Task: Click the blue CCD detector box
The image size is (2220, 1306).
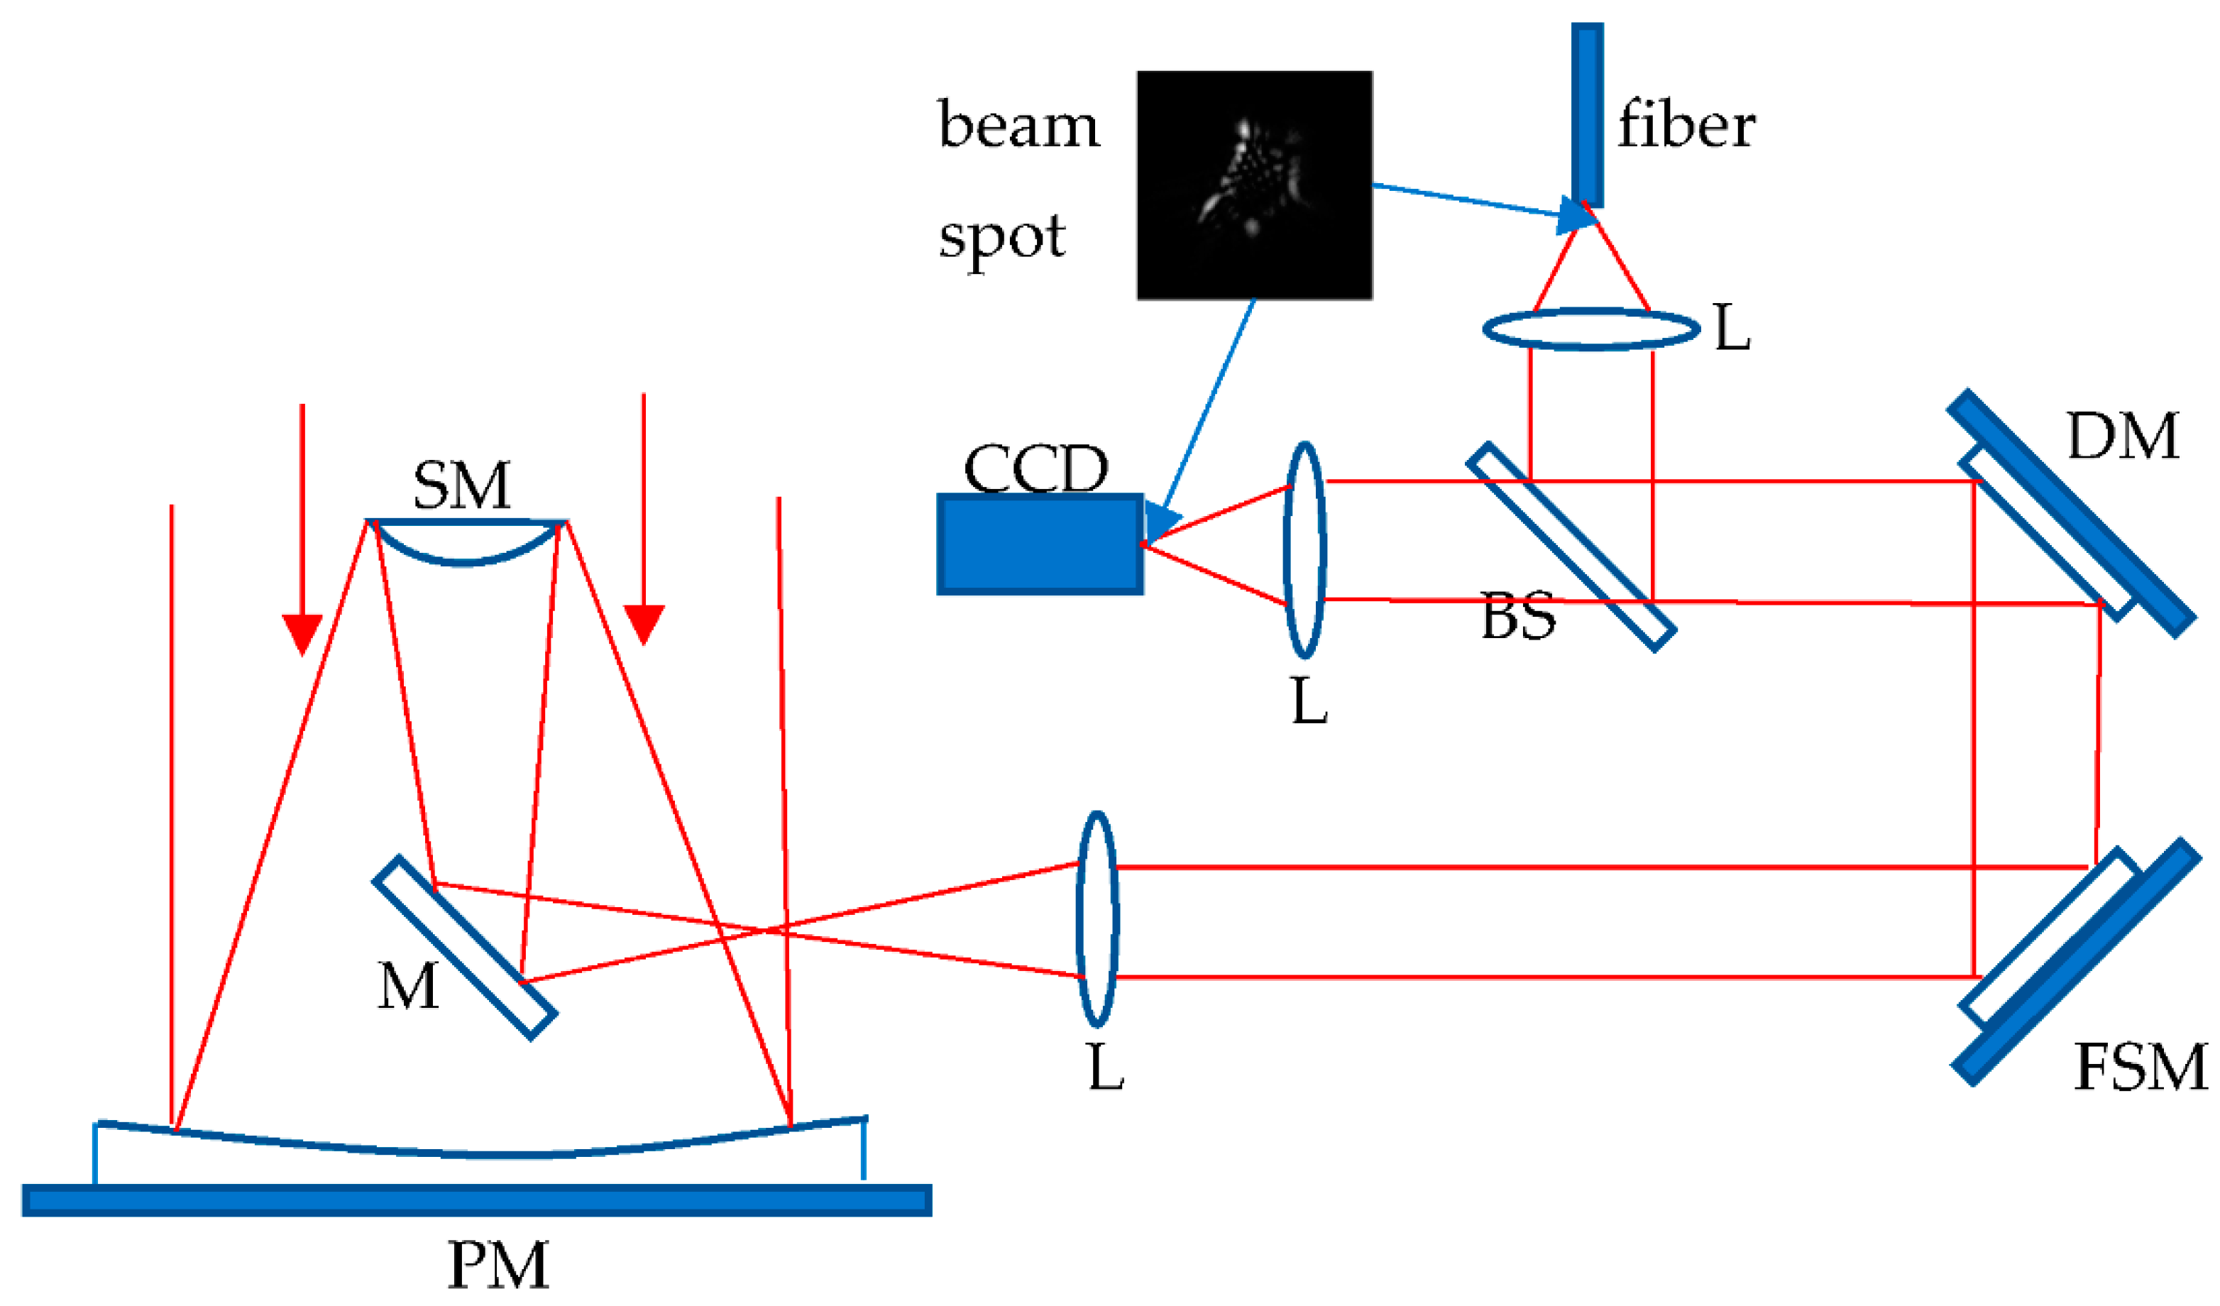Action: coord(1040,544)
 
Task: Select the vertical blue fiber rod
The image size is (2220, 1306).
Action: coord(1587,114)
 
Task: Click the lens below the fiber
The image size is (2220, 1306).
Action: coord(1591,329)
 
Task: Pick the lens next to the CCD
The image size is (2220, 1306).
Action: coord(1304,550)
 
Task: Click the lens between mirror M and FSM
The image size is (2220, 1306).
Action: coord(1097,919)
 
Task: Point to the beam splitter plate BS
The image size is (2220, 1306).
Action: coord(1571,547)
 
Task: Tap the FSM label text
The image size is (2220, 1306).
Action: coord(2139,1068)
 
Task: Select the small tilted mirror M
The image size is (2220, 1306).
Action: coord(464,948)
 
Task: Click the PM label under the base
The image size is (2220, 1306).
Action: coord(499,1266)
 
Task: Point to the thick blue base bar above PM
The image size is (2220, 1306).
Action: coord(476,1200)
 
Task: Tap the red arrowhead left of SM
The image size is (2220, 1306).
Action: coord(302,632)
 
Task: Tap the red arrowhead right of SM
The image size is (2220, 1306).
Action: coord(643,624)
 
